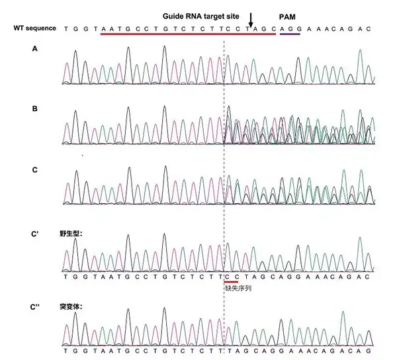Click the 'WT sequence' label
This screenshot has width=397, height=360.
pos(36,28)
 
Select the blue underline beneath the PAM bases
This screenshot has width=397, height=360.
pos(288,34)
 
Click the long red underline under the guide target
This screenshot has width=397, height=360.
pos(188,34)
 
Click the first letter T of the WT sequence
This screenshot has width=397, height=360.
pos(66,28)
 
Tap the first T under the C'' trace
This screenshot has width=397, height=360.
pos(66,351)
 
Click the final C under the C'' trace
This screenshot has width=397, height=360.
pos(371,351)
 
